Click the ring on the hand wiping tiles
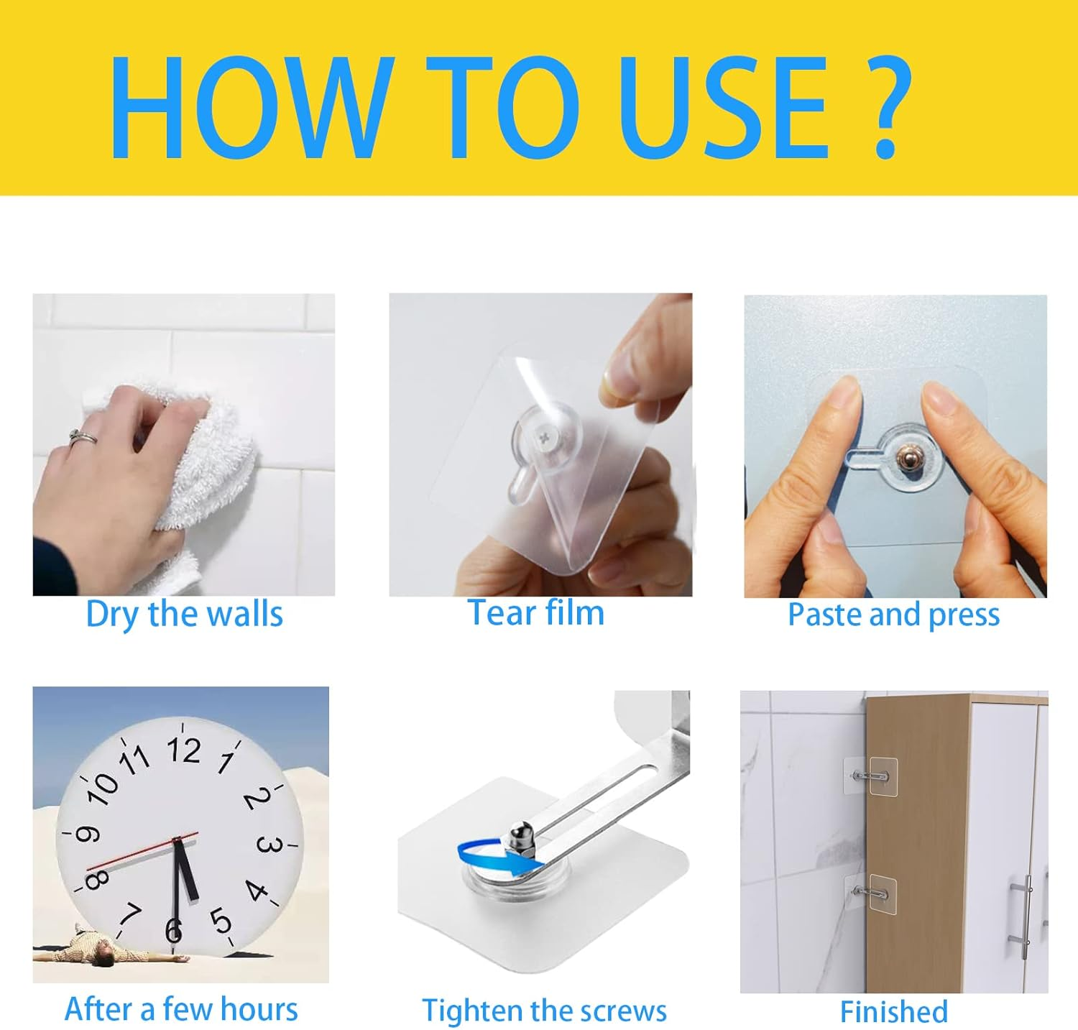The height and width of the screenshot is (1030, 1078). [83, 436]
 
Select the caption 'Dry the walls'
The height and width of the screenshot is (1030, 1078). [184, 615]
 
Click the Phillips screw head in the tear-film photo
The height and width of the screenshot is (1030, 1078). [545, 435]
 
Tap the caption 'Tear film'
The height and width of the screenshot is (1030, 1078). [536, 613]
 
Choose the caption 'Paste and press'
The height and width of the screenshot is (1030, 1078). [893, 615]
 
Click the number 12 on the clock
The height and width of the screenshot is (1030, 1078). [184, 750]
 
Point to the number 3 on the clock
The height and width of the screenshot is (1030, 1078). [268, 845]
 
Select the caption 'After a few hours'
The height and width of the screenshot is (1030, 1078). [181, 1009]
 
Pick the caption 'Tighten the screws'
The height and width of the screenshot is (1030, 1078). [544, 1011]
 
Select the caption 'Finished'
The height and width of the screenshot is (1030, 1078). [893, 1012]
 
